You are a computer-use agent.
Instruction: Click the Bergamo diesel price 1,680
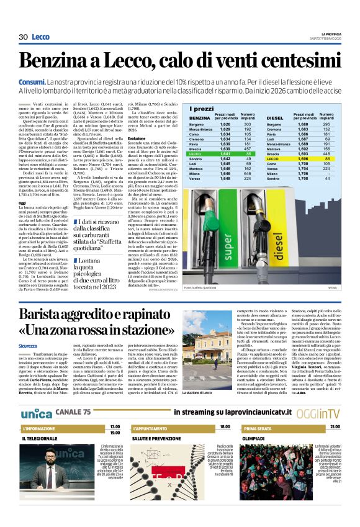(x=320, y=125)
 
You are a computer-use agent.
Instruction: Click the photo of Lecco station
(x=208, y=358)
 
